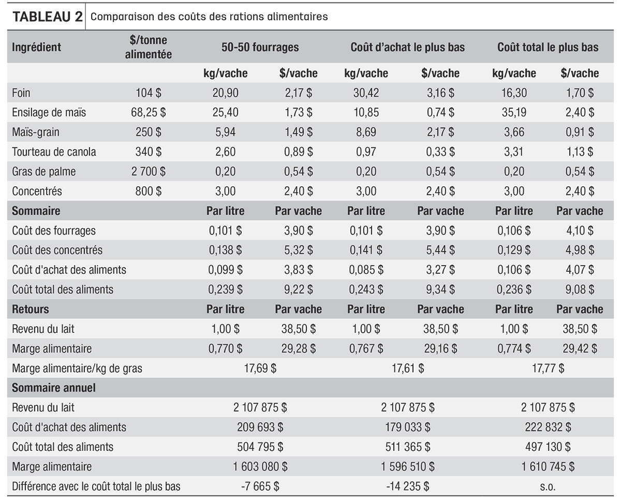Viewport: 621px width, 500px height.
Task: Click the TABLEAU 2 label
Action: (x=48, y=17)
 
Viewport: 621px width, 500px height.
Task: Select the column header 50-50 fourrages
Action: (x=260, y=47)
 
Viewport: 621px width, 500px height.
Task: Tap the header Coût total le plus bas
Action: (x=548, y=47)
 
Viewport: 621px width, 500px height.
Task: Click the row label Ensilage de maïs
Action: (x=49, y=112)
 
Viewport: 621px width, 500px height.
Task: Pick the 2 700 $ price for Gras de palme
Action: (x=149, y=171)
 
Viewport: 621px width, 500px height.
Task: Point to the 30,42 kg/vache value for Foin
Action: (x=366, y=93)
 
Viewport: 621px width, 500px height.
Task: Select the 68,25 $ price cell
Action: (x=149, y=112)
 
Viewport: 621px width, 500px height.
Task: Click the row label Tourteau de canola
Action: (x=54, y=152)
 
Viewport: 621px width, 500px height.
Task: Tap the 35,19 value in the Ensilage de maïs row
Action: (x=514, y=112)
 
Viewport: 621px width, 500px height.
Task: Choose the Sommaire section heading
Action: (x=36, y=211)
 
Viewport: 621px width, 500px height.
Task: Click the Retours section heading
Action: (x=31, y=309)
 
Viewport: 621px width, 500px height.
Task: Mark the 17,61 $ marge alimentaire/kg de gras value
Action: (x=407, y=369)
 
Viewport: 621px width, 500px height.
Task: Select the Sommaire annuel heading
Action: (x=54, y=388)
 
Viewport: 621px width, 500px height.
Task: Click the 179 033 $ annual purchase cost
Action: (x=407, y=427)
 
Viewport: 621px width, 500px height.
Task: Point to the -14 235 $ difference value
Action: (x=407, y=487)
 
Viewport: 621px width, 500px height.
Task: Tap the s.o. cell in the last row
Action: (x=548, y=487)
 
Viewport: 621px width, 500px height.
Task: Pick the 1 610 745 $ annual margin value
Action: (x=548, y=466)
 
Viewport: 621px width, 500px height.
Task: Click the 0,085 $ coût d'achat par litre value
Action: (x=366, y=270)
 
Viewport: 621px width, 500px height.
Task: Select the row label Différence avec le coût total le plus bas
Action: (x=96, y=487)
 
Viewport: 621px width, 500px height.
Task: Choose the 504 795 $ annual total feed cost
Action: (x=260, y=447)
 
